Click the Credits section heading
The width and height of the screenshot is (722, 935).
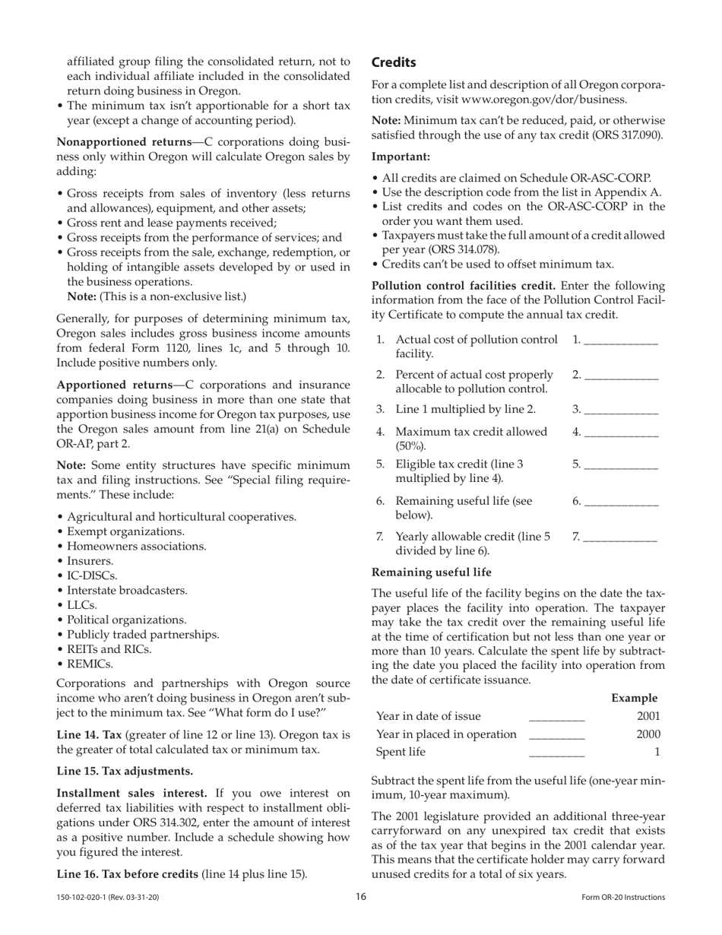(393, 62)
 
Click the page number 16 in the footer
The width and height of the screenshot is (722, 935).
(361, 897)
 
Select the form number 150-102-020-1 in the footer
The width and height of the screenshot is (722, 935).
(108, 898)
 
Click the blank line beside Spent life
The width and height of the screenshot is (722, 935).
(556, 753)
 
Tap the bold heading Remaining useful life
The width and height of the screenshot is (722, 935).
(431, 572)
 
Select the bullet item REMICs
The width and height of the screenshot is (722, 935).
(90, 664)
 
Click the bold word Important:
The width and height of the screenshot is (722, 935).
(401, 157)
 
